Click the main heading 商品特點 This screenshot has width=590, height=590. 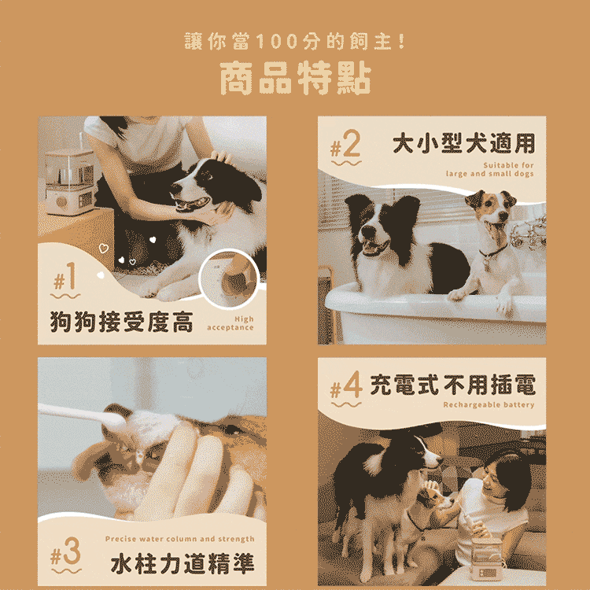(295, 78)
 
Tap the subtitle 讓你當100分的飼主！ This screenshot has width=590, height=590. (295, 41)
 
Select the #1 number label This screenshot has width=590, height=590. (65, 279)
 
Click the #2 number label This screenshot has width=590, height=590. (346, 146)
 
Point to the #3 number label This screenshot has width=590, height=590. (65, 554)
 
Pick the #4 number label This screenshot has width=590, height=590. (346, 388)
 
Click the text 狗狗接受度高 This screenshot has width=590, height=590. (121, 322)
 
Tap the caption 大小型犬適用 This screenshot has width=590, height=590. (463, 143)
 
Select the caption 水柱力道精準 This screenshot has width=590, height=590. (183, 564)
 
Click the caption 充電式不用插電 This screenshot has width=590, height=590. (452, 385)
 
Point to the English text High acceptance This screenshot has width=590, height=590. (230, 323)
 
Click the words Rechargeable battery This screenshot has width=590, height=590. (489, 405)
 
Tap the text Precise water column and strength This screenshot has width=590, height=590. (180, 539)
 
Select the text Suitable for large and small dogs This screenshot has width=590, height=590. (490, 169)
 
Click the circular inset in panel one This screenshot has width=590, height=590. (229, 278)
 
